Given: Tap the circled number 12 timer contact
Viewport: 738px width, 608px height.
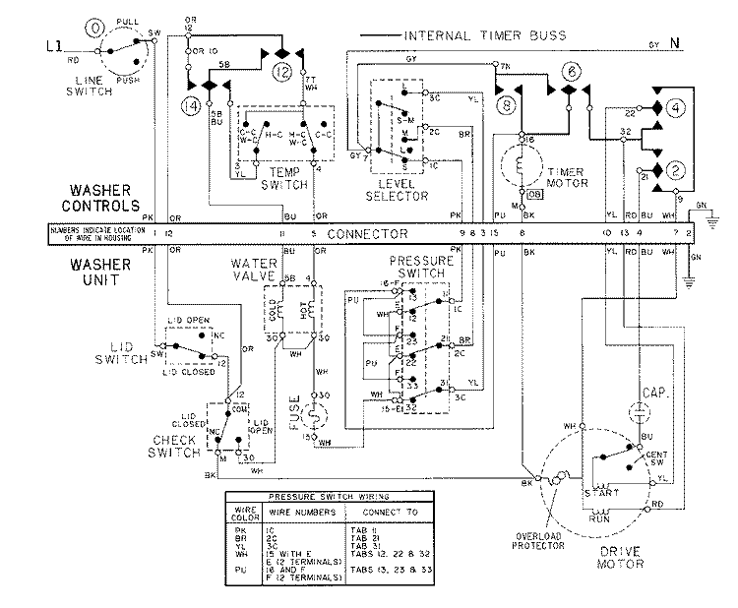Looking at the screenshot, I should [x=281, y=71].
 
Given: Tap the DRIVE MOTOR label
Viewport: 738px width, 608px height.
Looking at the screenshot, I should [x=619, y=557].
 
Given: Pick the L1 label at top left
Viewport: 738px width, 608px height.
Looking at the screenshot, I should [x=55, y=43].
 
